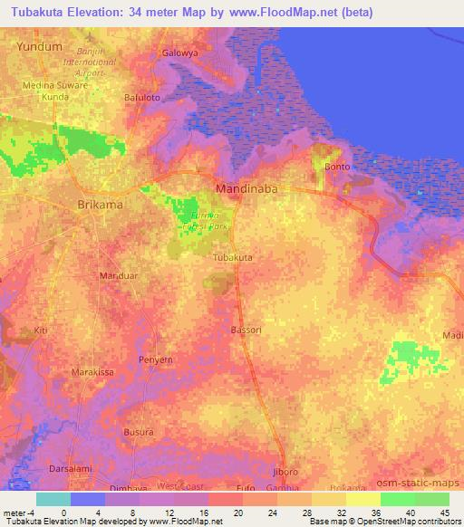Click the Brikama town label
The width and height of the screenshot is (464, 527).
pos(101,205)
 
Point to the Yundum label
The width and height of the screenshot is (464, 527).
pos(40,44)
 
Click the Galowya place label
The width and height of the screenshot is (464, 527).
pos(179,53)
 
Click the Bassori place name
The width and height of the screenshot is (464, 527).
pos(246,331)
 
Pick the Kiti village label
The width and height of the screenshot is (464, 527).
pos(40,331)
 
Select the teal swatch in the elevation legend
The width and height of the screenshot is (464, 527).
pos(53,499)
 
